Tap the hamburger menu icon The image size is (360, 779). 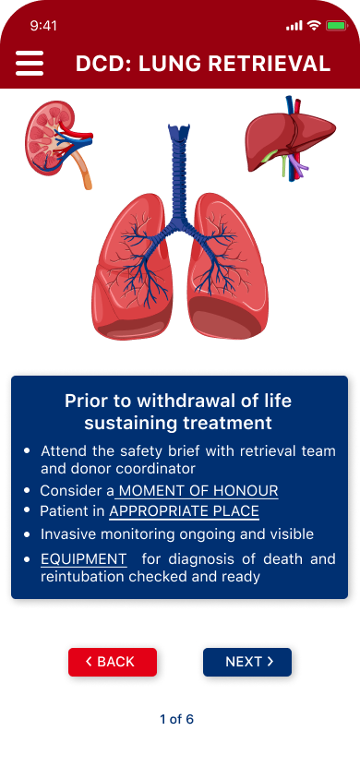pos(30,63)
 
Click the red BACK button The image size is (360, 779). pos(113,662)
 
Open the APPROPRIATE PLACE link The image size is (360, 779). pos(185,511)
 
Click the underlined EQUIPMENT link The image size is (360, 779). pos(83,559)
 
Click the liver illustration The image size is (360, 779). pos(291,139)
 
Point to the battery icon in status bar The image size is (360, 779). pos(337,25)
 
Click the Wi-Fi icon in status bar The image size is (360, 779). pos(314,25)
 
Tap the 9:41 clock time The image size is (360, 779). pos(43,26)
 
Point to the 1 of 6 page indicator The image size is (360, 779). pos(177,719)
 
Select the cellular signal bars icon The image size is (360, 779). pos(294,26)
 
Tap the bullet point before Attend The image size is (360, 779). pos(28,450)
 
